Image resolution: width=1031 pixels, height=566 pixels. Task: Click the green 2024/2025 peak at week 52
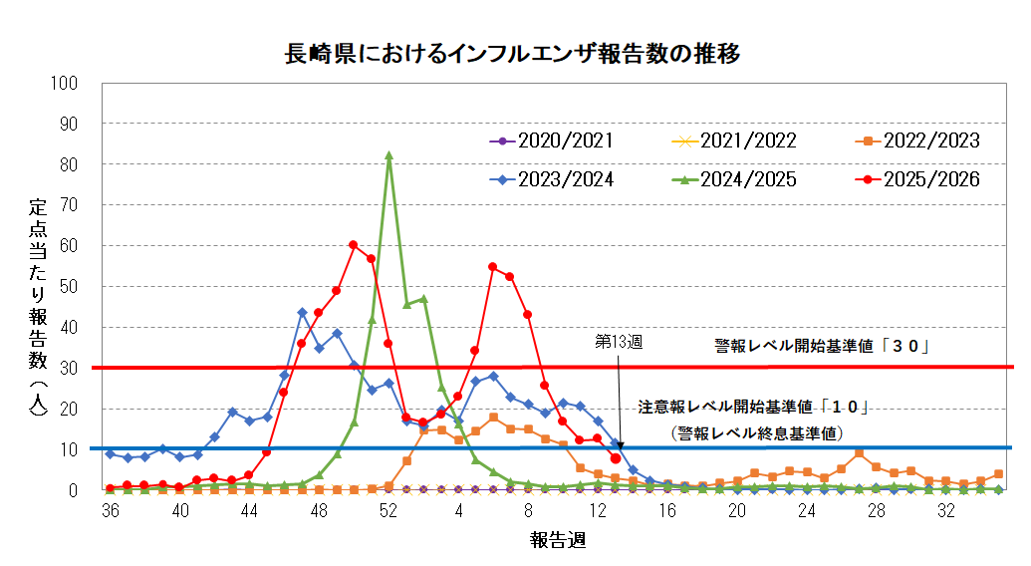coord(388,155)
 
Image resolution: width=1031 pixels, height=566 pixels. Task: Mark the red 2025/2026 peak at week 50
coord(354,244)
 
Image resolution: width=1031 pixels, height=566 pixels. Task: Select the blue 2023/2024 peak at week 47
coord(302,312)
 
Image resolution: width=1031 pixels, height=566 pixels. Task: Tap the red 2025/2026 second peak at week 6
coord(493,266)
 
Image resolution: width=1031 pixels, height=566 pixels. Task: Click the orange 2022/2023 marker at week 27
coord(859,452)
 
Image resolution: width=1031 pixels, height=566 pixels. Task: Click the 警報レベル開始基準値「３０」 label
coord(822,347)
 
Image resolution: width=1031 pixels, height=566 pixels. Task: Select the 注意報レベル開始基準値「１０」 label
coord(755,408)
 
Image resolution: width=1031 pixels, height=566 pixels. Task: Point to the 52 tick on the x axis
coord(388,510)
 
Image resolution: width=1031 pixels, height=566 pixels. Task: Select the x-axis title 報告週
coord(557,540)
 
